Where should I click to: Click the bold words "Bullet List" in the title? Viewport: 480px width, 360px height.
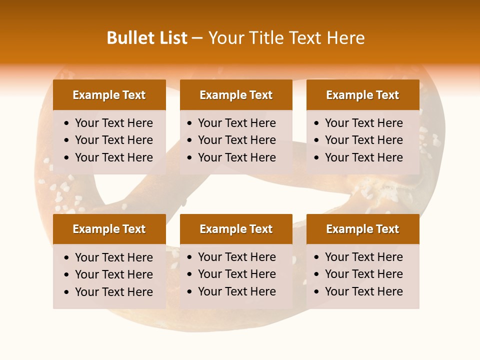[x=147, y=38]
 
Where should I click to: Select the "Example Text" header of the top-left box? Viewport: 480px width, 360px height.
[x=109, y=95]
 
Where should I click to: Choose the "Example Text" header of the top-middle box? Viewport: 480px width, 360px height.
[x=236, y=95]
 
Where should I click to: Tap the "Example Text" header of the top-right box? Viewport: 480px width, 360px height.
[x=362, y=95]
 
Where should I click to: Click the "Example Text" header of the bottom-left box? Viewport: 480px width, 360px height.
[x=109, y=229]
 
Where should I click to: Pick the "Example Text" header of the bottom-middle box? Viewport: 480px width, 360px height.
[x=236, y=229]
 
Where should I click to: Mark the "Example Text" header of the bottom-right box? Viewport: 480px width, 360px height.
[x=362, y=229]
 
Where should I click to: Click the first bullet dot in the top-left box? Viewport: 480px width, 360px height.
[x=67, y=123]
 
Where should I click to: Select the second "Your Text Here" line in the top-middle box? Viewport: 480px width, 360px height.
[x=237, y=140]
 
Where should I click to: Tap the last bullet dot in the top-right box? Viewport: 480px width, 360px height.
[x=317, y=158]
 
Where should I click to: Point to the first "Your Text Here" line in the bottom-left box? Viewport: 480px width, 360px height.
[x=114, y=257]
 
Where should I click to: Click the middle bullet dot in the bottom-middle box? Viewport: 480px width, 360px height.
[x=190, y=274]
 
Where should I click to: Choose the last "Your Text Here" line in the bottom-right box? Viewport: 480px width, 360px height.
[x=364, y=291]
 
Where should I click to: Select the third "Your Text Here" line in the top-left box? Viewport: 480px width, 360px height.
[x=114, y=157]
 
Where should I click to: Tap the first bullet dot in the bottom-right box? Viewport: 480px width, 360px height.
[x=317, y=257]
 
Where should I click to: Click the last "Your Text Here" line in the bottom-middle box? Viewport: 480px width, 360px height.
[x=237, y=291]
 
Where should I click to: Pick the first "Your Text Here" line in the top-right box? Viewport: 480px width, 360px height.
[x=364, y=123]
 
